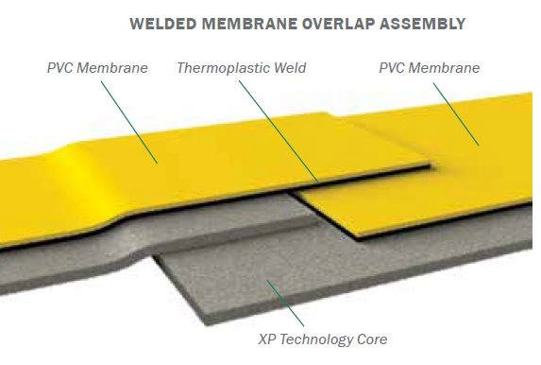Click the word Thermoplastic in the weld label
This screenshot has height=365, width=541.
point(219,69)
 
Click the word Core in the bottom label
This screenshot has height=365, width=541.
point(368,339)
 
